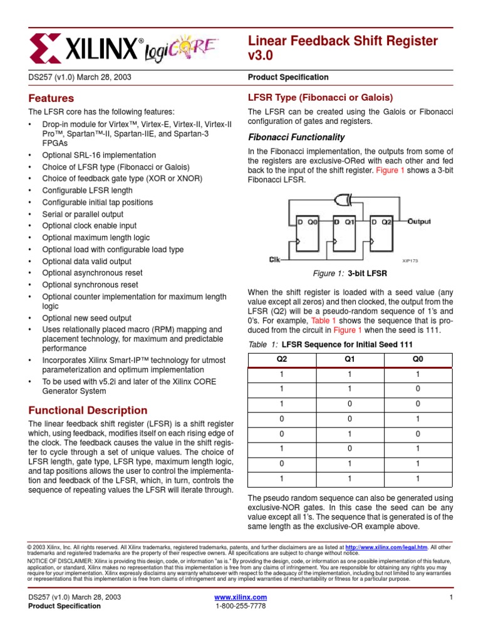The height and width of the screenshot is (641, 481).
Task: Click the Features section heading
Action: [51, 98]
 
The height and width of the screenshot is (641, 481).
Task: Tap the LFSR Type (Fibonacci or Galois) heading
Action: [321, 98]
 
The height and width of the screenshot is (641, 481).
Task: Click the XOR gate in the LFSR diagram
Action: [343, 200]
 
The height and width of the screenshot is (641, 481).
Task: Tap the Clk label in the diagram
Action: [274, 259]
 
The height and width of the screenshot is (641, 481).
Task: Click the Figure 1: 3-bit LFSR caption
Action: [349, 274]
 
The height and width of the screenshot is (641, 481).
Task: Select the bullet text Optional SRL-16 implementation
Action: [99, 155]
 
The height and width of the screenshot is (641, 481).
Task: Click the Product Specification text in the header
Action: [288, 77]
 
